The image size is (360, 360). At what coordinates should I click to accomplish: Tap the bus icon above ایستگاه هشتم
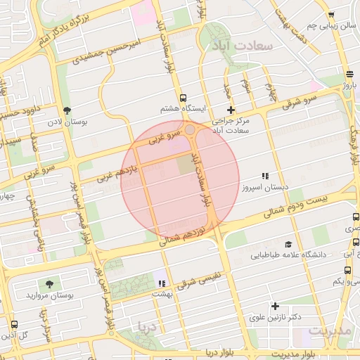pos(184,98)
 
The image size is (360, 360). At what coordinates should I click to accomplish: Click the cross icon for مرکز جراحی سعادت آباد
pos(231,109)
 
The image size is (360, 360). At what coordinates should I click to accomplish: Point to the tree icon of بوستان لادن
pos(67,110)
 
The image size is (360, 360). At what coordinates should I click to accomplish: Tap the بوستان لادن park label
pos(89,122)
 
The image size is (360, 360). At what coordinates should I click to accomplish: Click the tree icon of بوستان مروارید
pos(49,284)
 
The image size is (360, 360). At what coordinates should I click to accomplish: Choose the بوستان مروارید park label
pos(49,296)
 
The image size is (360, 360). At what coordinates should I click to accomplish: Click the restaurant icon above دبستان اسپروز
pos(265,176)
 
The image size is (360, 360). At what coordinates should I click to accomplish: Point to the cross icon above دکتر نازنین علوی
pos(275,305)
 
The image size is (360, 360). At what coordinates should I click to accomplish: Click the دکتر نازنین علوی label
pos(275,317)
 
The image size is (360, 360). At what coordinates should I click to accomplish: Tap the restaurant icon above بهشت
pos(162,283)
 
